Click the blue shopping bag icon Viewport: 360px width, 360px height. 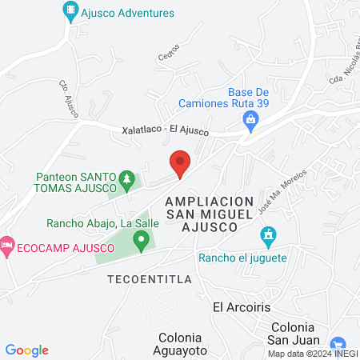(x=250, y=121)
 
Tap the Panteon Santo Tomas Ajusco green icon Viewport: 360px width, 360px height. (x=126, y=178)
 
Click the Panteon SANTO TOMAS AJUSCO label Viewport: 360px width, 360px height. (x=77, y=183)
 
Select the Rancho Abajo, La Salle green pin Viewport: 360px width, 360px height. (x=142, y=238)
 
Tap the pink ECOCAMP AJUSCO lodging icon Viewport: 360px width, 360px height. (x=7, y=243)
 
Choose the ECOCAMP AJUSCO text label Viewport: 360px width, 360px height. (x=50, y=244)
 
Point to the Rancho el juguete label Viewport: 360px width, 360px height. (x=242, y=258)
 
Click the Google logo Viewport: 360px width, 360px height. (x=27, y=350)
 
